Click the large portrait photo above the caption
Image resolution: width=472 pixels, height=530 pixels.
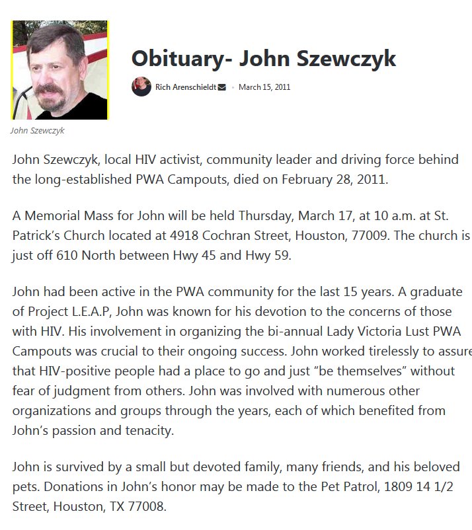(59, 70)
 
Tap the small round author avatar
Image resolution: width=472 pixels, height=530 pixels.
(141, 87)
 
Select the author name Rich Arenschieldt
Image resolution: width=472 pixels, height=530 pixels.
(185, 87)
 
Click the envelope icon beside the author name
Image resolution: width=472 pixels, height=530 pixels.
(221, 87)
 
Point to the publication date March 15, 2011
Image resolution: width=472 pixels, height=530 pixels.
(264, 87)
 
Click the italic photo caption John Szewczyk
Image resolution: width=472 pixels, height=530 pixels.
(37, 130)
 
